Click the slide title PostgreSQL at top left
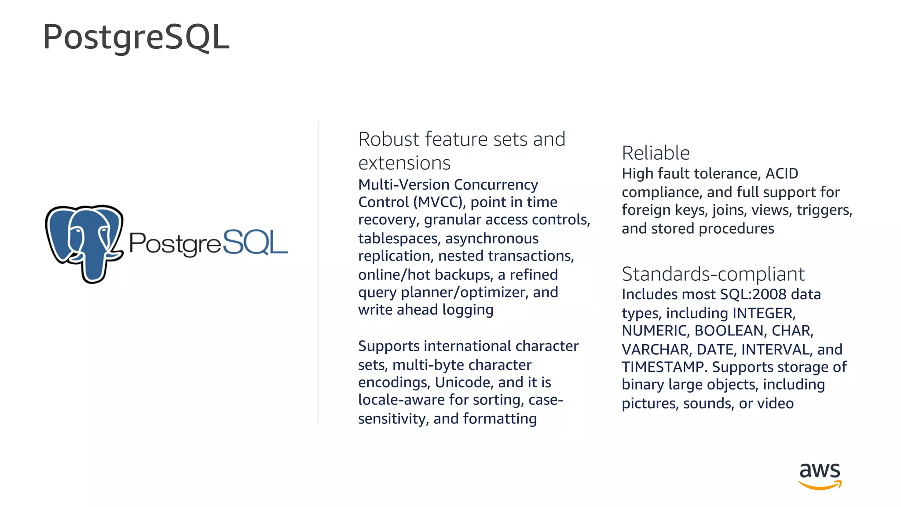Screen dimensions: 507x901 tap(136, 37)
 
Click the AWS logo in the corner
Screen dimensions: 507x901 tap(820, 476)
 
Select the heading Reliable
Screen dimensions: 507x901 tap(656, 153)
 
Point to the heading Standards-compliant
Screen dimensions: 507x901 tap(713, 274)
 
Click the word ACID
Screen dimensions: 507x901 tap(782, 173)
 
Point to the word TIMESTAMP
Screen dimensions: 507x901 tap(663, 367)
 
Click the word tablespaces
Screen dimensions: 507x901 tap(398, 239)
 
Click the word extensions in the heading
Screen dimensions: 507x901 tap(404, 163)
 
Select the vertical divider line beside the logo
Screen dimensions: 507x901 tap(318, 273)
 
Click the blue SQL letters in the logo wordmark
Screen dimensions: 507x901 tap(255, 242)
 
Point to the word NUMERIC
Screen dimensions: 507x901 tap(655, 331)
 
